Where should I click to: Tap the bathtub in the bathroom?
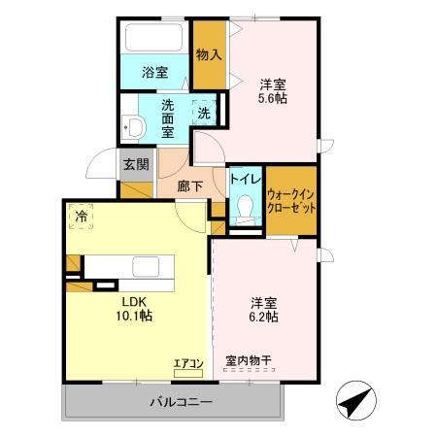pyautogui.click(x=154, y=42)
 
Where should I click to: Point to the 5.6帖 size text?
pyautogui.click(x=272, y=99)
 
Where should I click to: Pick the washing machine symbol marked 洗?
pyautogui.click(x=204, y=113)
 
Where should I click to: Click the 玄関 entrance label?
pyautogui.click(x=136, y=164)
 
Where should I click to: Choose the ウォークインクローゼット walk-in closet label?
pyautogui.click(x=290, y=201)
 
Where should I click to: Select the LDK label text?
pyautogui.click(x=133, y=301)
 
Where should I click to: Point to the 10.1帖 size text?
pyautogui.click(x=133, y=316)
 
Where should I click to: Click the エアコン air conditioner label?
pyautogui.click(x=188, y=364)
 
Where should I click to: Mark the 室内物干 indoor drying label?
pyautogui.click(x=249, y=360)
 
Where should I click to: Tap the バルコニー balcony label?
pyautogui.click(x=180, y=402)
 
